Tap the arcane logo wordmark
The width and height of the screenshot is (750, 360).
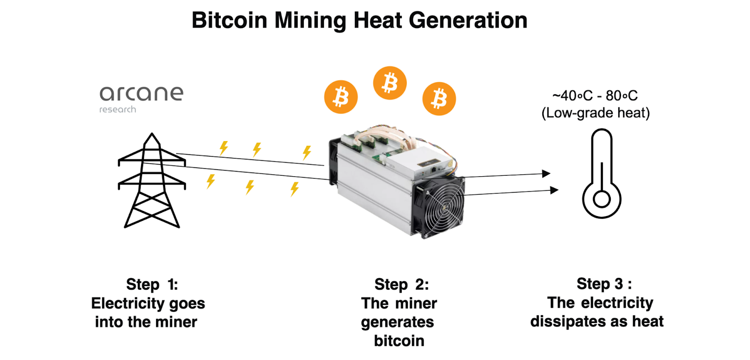pos(141,94)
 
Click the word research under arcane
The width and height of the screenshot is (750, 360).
pos(118,110)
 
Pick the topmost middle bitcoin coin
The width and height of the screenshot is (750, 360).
pos(390,83)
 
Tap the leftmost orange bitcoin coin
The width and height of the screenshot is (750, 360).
pos(341,97)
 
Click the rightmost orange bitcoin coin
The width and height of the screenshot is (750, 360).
pos(439,99)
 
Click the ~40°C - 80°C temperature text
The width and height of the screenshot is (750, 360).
pos(595,96)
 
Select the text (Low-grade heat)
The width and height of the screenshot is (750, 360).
pos(595,113)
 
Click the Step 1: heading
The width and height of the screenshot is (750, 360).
pos(152,284)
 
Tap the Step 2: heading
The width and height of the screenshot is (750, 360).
pos(401,284)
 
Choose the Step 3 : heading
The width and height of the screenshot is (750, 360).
pos(604,284)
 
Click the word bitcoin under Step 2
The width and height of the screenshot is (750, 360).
pos(399,341)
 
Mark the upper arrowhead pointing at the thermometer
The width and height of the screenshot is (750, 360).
pos(546,174)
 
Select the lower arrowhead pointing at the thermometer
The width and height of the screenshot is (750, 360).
pos(554,190)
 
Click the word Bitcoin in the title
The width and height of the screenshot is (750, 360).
pos(230,21)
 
